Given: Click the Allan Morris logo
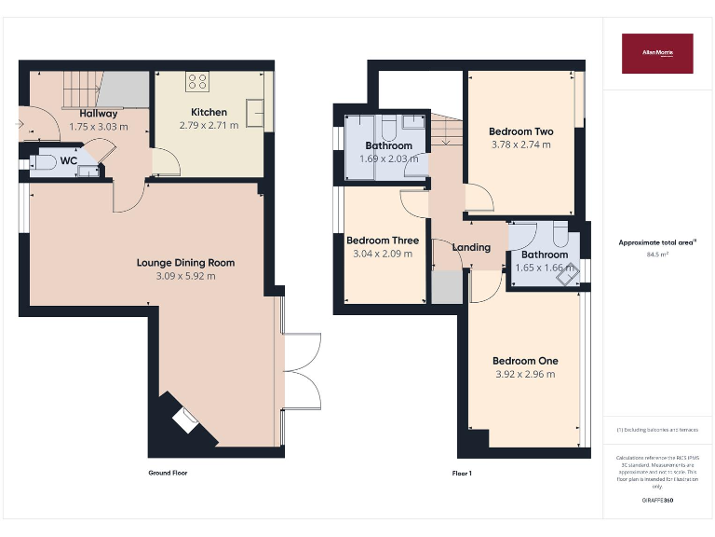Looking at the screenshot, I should (657, 53).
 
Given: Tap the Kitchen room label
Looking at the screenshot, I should (209, 113).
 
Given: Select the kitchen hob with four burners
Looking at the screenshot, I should (197, 81).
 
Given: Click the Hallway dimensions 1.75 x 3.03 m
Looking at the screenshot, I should (98, 127).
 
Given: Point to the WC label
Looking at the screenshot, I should (69, 160).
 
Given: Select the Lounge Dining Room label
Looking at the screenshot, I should (185, 263).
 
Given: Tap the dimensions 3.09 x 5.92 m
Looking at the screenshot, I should (185, 276).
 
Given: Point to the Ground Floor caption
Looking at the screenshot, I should (168, 474).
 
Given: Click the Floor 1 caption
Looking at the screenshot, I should (462, 474).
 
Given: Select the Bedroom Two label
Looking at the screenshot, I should (521, 131).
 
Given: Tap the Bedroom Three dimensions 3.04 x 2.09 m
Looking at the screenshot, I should (383, 254).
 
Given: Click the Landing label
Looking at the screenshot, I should (471, 247).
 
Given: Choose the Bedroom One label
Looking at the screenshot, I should (525, 361).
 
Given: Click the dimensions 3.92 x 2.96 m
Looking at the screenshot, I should (525, 374).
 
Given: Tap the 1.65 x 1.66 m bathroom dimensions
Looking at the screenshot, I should (545, 268).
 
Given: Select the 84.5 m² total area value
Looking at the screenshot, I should (657, 254).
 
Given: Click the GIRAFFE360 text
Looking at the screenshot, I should (657, 501).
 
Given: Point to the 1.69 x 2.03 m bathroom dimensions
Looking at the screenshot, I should (388, 158).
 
